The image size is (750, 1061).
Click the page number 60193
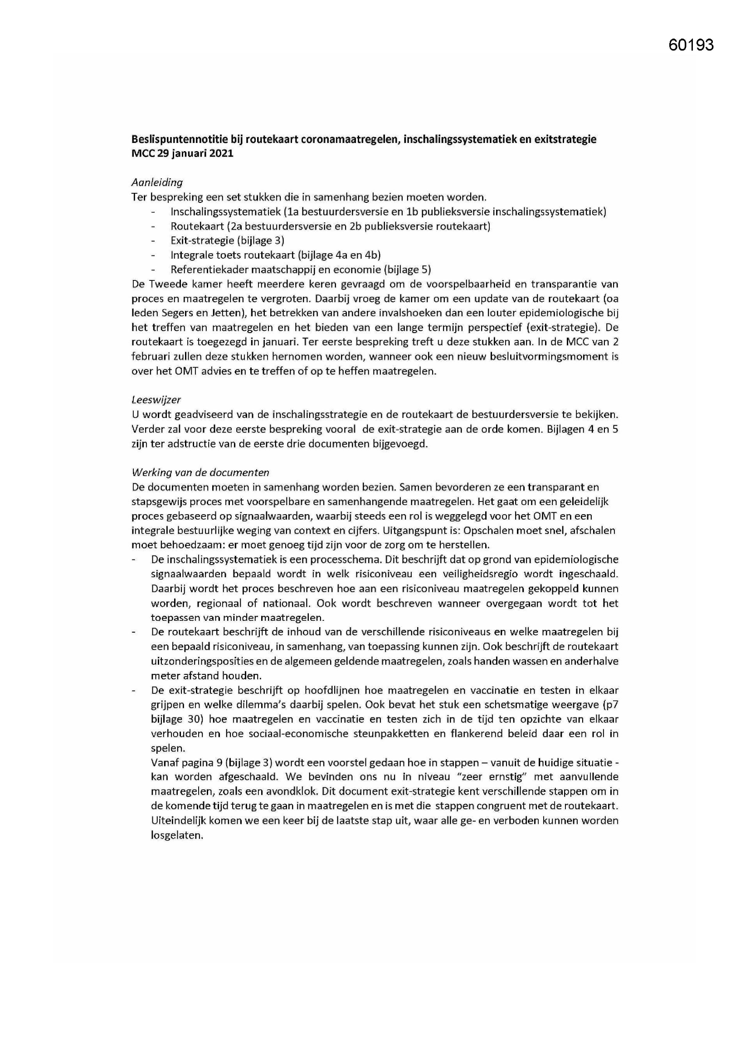click(x=691, y=45)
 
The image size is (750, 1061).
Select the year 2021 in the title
click(x=220, y=154)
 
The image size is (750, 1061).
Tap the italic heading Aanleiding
click(x=157, y=182)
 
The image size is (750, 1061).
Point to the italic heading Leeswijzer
click(x=156, y=400)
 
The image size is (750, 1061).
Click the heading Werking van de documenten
click(x=200, y=472)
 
